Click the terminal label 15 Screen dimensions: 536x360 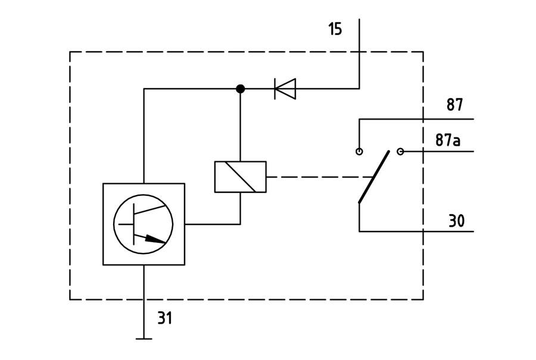(335, 29)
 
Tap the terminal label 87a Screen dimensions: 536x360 (448, 140)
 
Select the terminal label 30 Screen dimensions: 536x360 (456, 221)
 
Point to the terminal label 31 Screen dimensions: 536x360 (165, 318)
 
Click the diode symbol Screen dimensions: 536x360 (285, 89)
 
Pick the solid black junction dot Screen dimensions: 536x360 (241, 89)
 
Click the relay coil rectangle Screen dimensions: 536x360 (241, 177)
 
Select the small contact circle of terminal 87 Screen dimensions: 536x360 (359, 151)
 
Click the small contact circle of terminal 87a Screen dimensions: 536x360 (400, 151)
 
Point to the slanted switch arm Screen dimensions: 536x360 (374, 177)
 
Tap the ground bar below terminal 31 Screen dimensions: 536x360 (144, 339)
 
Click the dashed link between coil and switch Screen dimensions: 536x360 (319, 177)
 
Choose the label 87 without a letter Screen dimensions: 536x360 (454, 105)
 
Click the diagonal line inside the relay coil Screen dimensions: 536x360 (241, 177)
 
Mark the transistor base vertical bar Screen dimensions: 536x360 (133, 224)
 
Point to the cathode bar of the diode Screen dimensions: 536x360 (275, 89)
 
